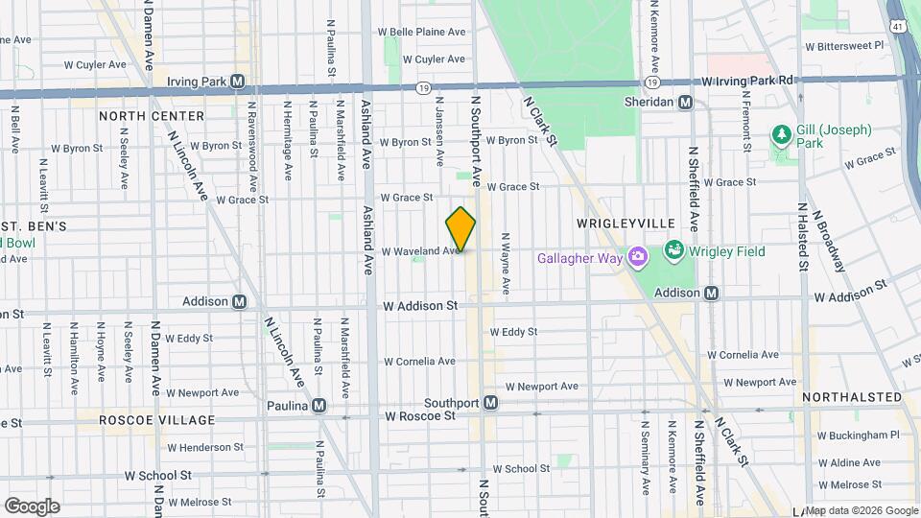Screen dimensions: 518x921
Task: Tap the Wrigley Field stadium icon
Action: (x=673, y=251)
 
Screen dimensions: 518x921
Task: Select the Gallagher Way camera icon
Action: (x=636, y=257)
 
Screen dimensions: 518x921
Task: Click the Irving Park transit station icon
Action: (x=238, y=82)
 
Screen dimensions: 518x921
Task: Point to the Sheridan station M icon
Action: (x=685, y=102)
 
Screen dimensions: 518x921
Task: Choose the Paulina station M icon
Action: (x=319, y=406)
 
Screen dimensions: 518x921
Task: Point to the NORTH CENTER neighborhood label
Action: (x=152, y=116)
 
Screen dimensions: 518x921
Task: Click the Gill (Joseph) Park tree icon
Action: (x=782, y=133)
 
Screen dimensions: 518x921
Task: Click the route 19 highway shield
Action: (x=422, y=87)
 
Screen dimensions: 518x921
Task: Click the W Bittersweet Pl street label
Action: (x=844, y=45)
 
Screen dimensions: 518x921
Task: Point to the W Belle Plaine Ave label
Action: (x=427, y=32)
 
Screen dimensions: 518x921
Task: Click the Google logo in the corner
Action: (x=32, y=506)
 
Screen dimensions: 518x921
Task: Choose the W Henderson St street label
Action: (x=205, y=447)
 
